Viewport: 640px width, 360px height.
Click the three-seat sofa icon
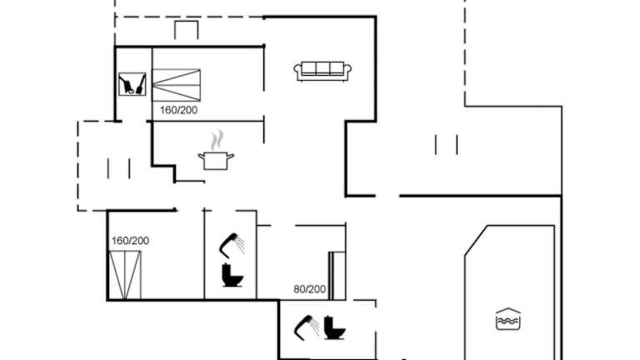click(x=322, y=71)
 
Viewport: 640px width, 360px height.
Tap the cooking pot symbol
click(x=216, y=160)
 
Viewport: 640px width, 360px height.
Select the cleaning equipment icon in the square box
click(x=132, y=84)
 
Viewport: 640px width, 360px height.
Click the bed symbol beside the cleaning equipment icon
click(x=177, y=85)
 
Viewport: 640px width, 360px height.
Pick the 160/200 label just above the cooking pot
click(x=179, y=110)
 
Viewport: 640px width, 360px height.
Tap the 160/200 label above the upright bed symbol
click(x=130, y=241)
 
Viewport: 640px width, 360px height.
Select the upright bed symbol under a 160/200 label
click(x=125, y=275)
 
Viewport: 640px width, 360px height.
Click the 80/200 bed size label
click(x=310, y=289)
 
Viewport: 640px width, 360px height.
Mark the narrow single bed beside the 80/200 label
click(x=337, y=276)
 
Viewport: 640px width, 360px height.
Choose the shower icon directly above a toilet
click(x=232, y=245)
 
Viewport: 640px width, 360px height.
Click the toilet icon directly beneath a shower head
click(x=232, y=275)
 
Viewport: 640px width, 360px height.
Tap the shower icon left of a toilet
click(x=307, y=327)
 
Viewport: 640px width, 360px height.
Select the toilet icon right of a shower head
click(x=335, y=327)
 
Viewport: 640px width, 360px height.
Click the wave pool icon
click(x=508, y=319)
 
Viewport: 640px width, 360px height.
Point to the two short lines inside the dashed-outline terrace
click(x=119, y=168)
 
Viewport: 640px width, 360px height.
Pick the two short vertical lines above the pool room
click(x=446, y=145)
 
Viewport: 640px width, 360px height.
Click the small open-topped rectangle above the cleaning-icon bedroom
click(x=187, y=30)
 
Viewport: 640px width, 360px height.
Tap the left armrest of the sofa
click(x=298, y=72)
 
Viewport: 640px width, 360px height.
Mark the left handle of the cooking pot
click(x=201, y=156)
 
